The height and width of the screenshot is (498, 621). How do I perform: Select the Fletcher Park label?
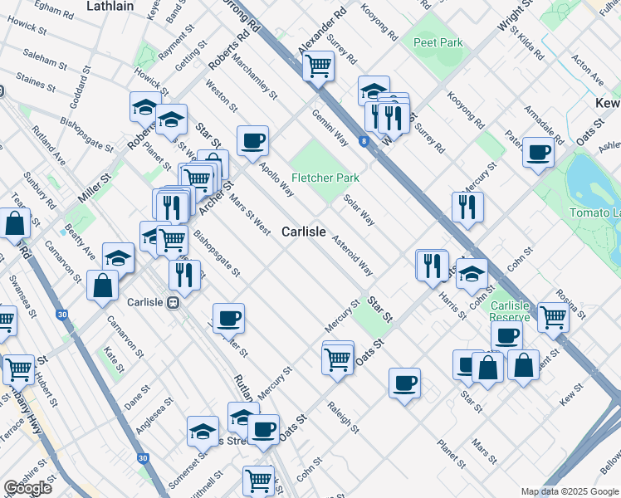[x=325, y=178]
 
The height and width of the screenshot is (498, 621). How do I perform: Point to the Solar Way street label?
[x=359, y=209]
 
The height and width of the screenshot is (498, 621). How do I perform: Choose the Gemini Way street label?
[x=330, y=129]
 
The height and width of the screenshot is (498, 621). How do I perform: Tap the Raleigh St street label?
[x=342, y=419]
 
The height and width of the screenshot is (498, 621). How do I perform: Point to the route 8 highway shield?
[x=364, y=142]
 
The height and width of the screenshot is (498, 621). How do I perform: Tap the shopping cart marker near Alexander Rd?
[x=319, y=66]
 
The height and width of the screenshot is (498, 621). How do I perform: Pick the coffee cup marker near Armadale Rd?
[x=538, y=153]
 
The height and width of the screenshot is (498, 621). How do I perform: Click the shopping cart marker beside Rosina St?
[x=553, y=315]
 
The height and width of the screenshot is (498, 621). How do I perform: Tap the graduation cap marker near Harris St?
[x=472, y=273]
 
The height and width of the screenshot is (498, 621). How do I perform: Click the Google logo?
[x=28, y=488]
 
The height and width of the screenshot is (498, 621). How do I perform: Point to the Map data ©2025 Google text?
[x=570, y=491]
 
